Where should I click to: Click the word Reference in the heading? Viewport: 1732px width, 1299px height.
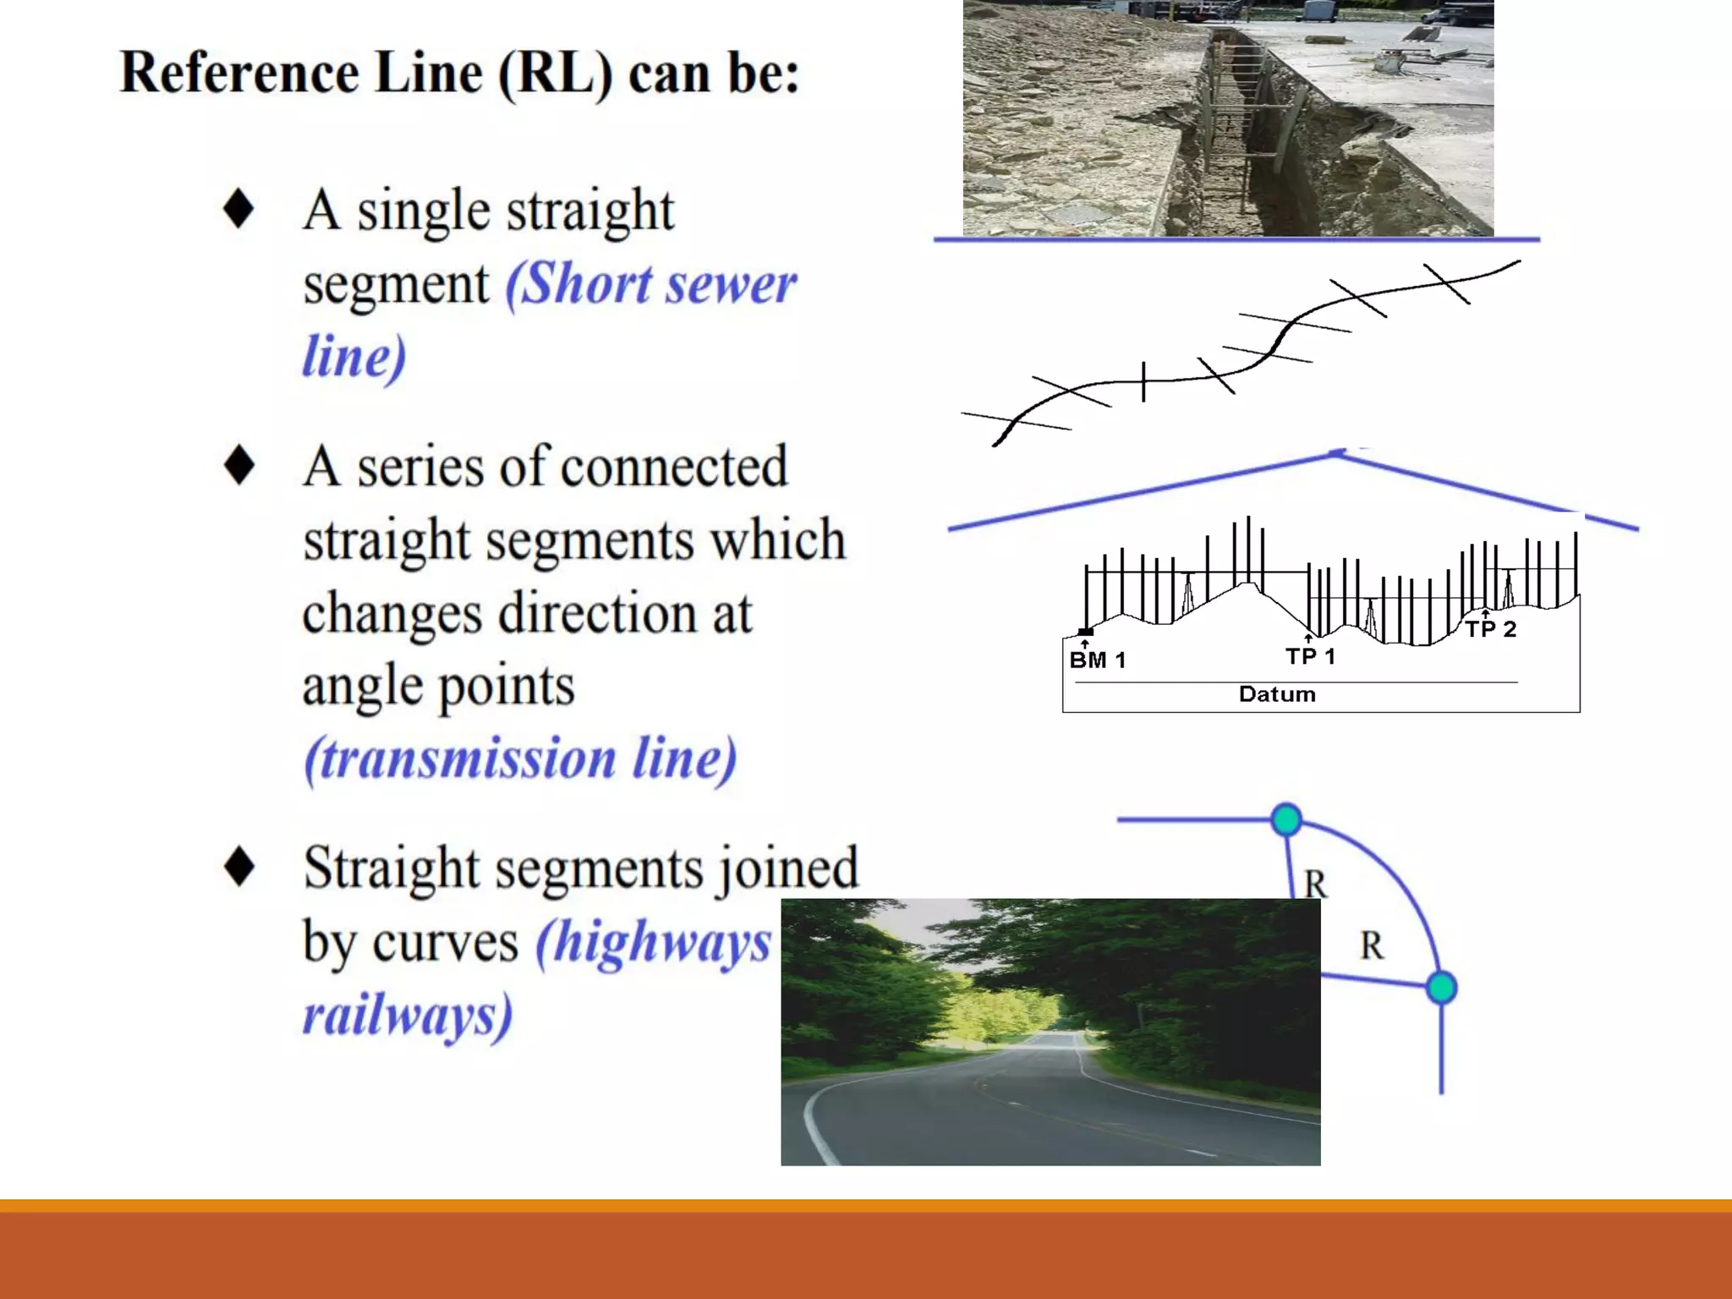tap(240, 73)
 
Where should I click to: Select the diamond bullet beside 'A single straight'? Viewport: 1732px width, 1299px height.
tap(238, 208)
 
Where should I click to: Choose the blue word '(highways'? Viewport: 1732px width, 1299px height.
tap(654, 942)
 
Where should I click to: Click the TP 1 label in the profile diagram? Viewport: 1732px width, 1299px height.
tap(1310, 656)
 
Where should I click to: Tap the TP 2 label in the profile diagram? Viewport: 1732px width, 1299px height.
tap(1491, 629)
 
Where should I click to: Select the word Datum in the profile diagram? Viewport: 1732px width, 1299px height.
tap(1277, 694)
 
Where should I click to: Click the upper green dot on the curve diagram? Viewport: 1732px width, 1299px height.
tap(1286, 819)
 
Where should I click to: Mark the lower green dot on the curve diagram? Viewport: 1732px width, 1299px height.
tap(1441, 988)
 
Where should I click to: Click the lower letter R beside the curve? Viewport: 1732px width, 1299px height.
tap(1372, 945)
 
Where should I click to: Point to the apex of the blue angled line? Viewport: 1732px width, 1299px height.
tap(1336, 454)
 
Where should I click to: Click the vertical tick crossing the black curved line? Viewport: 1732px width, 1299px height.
tap(1143, 381)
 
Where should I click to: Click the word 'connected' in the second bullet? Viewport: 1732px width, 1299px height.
tap(673, 467)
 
